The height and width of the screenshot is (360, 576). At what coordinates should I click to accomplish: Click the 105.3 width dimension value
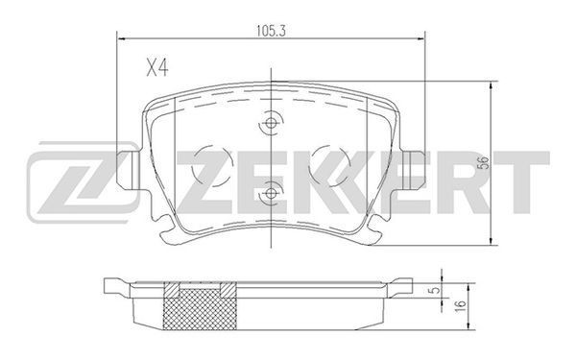point(271,32)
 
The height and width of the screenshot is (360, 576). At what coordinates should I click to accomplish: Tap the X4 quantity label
point(157,68)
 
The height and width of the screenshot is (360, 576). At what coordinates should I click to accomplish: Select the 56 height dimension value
point(485,163)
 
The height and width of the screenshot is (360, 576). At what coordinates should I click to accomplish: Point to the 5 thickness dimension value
point(435,290)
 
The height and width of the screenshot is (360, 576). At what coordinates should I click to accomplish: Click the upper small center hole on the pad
point(271,123)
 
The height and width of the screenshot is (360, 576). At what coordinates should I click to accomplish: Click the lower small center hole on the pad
point(271,193)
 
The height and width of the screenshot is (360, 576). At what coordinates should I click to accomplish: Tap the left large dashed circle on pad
point(212,166)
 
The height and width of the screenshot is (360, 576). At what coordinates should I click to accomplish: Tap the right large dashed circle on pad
point(329,166)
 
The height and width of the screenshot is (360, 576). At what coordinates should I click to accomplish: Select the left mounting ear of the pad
point(129,170)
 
